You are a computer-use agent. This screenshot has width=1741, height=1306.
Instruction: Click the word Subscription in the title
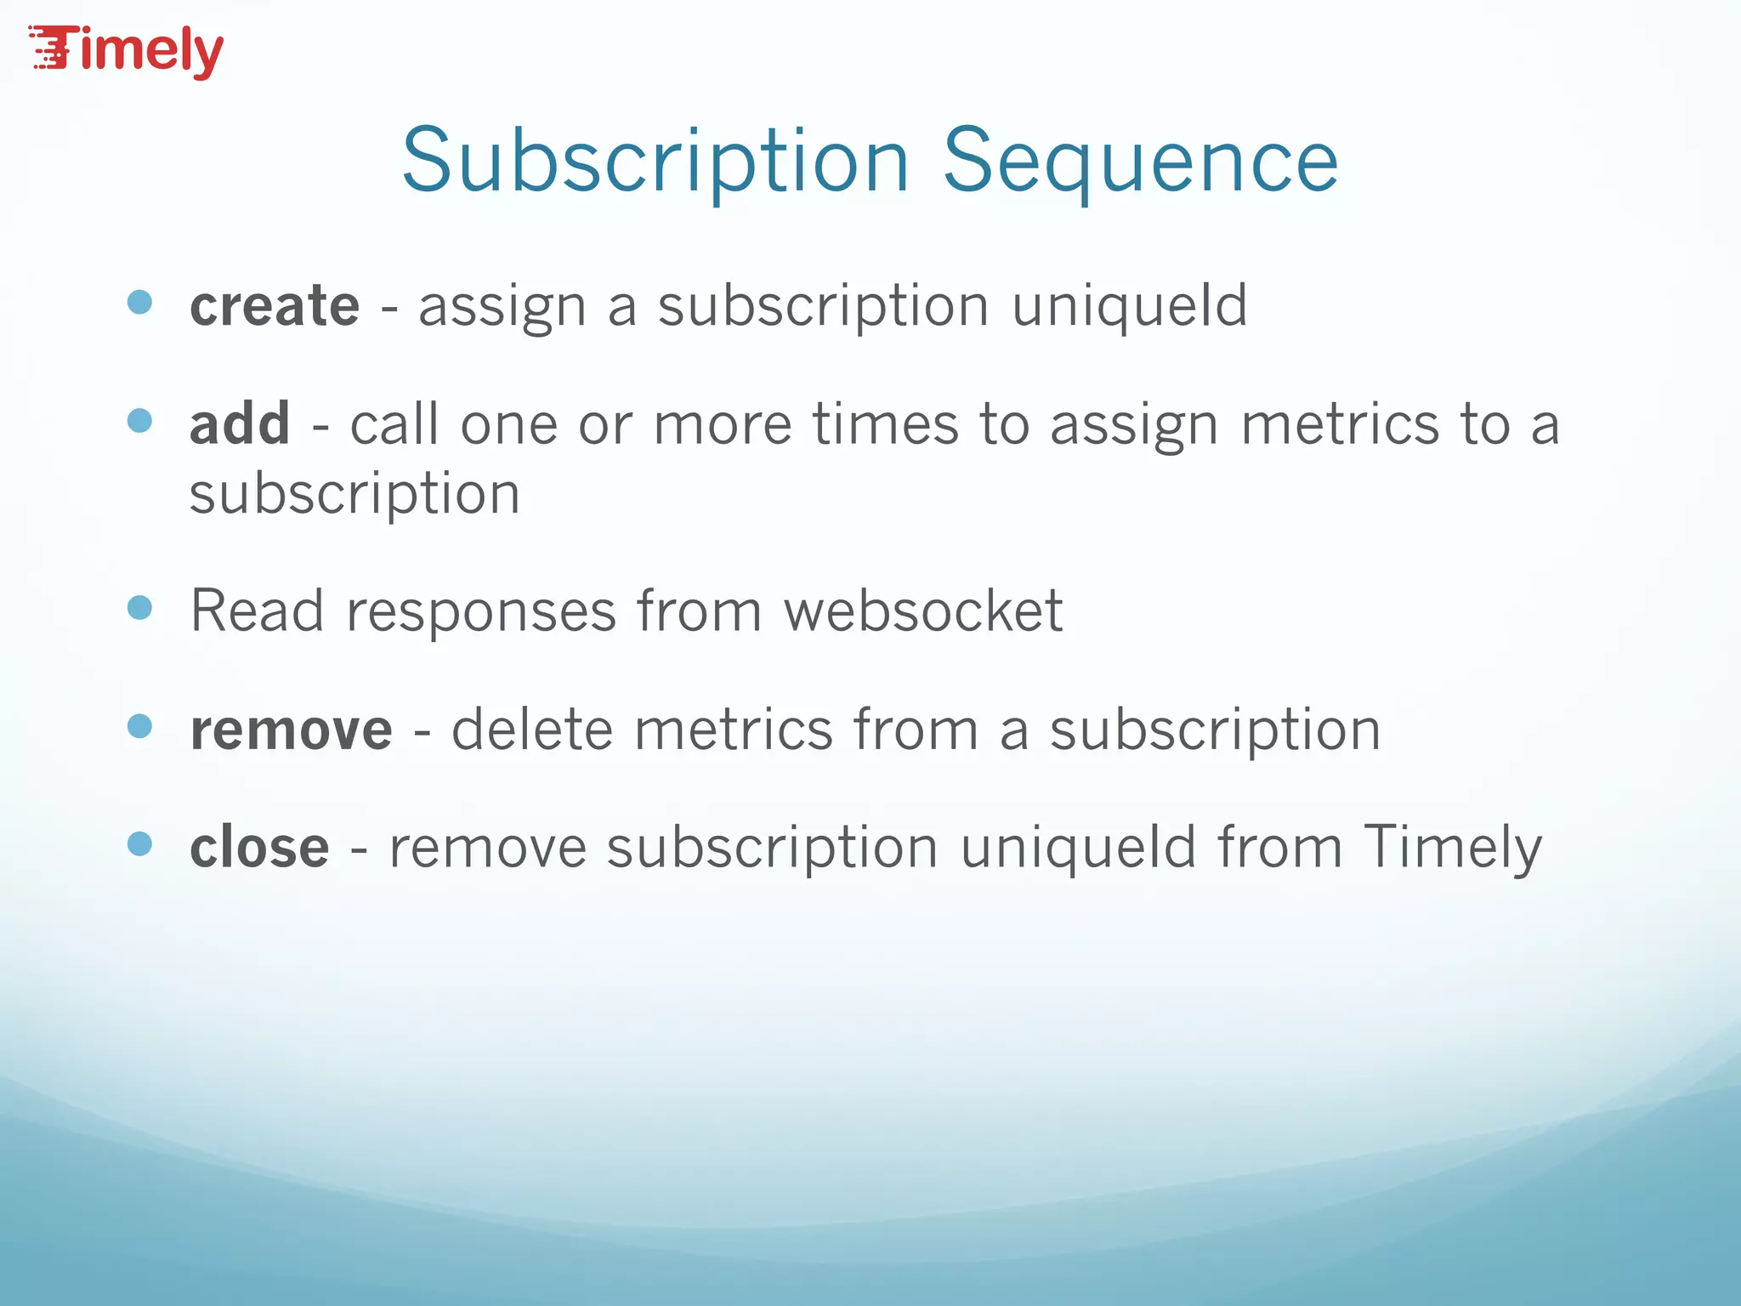[655, 162]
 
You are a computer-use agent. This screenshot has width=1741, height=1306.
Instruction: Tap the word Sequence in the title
[1140, 162]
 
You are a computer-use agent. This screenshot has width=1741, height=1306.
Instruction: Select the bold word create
[275, 305]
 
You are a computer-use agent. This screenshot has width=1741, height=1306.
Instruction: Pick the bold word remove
[291, 730]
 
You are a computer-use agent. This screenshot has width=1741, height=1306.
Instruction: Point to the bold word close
[259, 848]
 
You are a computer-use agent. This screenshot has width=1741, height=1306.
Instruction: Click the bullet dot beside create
[139, 302]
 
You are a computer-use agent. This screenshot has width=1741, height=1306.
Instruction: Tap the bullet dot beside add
[139, 420]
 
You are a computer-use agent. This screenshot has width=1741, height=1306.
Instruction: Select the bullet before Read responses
[139, 607]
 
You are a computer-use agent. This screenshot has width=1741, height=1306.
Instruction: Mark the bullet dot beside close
[139, 843]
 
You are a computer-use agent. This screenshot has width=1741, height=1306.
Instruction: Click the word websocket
[922, 610]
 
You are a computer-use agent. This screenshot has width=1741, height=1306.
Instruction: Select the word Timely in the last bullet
[1453, 848]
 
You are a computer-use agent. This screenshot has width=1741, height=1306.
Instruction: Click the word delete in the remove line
[531, 730]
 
